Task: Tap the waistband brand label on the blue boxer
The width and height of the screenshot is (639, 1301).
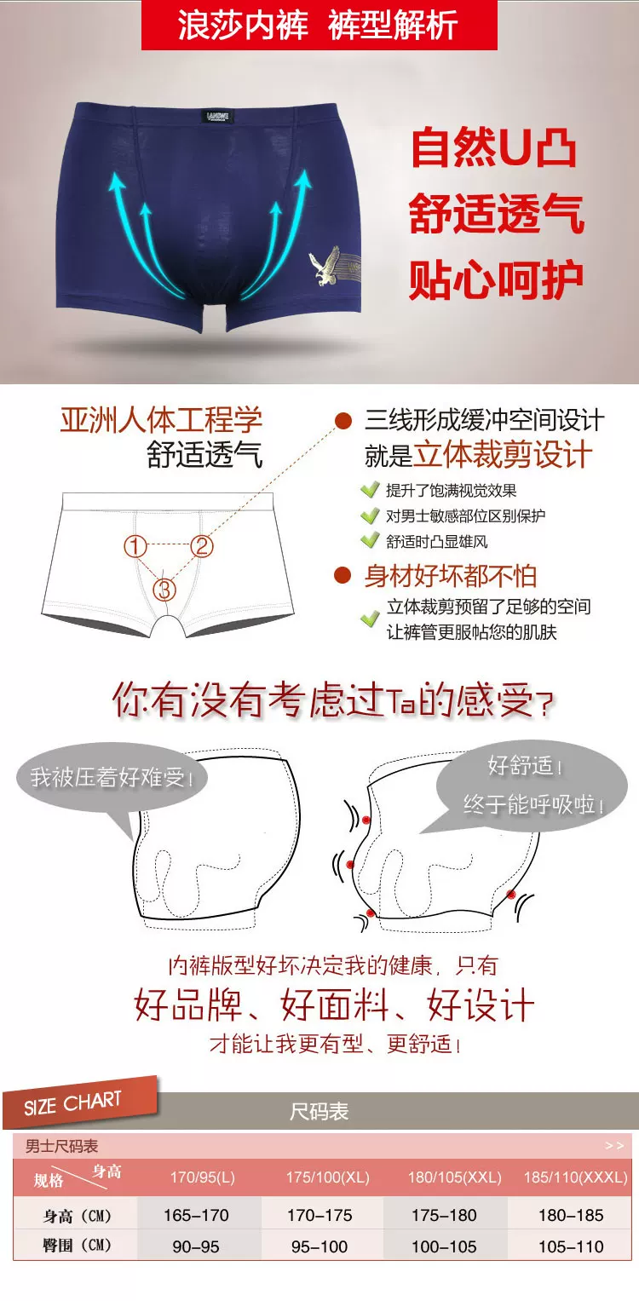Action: [218, 117]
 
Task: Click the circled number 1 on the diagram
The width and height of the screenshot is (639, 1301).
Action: [135, 546]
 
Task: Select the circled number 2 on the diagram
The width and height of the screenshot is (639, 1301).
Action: [202, 546]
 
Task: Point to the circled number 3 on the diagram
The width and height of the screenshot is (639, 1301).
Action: [164, 590]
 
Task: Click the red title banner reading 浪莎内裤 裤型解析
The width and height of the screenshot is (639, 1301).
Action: [319, 25]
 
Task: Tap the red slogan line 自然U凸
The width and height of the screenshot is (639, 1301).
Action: [494, 148]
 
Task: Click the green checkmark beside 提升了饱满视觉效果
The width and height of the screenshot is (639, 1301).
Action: [370, 490]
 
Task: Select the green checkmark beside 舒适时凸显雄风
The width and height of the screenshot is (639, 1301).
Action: [370, 541]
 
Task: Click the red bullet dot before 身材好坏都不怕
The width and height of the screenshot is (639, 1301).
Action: [343, 576]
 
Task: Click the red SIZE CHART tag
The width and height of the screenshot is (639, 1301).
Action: [80, 1102]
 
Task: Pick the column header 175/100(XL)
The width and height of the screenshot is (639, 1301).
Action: [328, 1177]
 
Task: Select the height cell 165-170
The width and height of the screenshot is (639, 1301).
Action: [196, 1215]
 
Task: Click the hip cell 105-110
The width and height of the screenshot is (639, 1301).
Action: [571, 1246]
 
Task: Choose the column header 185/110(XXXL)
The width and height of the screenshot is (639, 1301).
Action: [576, 1177]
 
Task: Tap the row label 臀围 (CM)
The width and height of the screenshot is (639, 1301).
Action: [77, 1246]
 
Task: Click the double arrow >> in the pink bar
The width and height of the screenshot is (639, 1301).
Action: [614, 1146]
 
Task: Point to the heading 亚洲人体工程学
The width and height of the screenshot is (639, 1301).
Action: [162, 419]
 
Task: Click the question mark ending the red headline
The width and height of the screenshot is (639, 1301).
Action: [545, 705]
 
